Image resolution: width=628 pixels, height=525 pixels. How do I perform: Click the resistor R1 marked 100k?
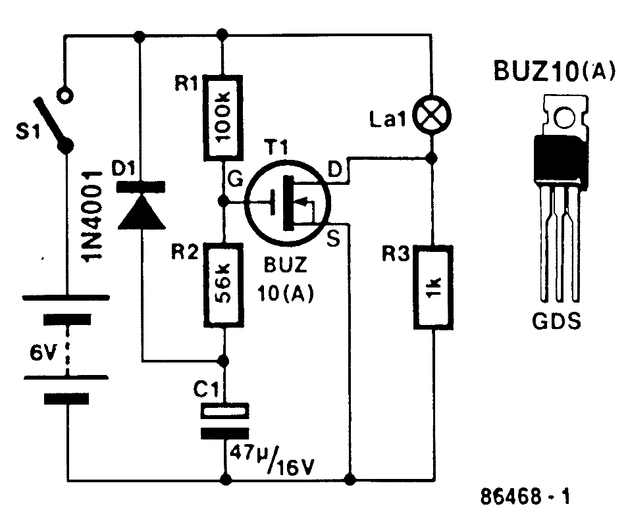click(x=224, y=118)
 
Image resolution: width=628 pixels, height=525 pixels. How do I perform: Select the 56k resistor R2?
click(x=224, y=285)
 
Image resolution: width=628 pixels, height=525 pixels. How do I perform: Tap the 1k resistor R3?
click(x=432, y=287)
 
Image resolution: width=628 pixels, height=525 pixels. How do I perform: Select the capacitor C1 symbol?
click(x=224, y=421)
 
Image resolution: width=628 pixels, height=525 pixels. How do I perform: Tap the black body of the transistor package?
click(x=561, y=158)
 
